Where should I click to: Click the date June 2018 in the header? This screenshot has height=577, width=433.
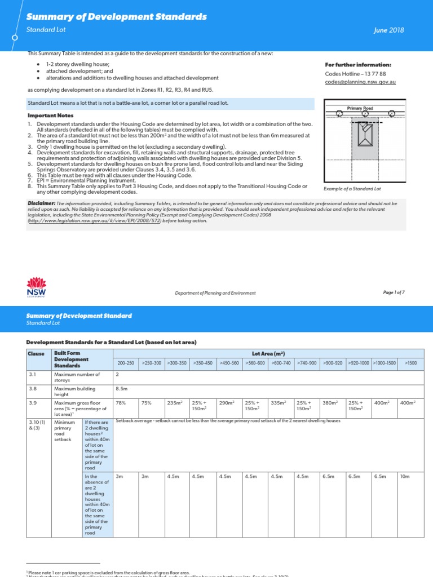pos(388,30)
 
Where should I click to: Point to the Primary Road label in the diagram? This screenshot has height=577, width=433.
pos(360,108)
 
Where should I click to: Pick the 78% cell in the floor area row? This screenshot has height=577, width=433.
pos(120,403)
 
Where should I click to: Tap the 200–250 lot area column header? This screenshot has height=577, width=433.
pos(126,363)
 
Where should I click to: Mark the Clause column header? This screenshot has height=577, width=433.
pos(36,353)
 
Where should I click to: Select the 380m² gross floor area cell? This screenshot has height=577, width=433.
pos(330,403)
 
